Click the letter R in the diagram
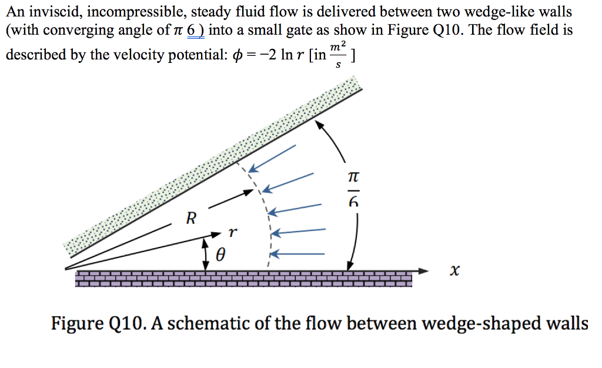pyautogui.click(x=190, y=220)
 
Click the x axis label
pyautogui.click(x=453, y=270)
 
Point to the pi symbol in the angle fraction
pyautogui.click(x=352, y=176)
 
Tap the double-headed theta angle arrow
pyautogui.click(x=205, y=253)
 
